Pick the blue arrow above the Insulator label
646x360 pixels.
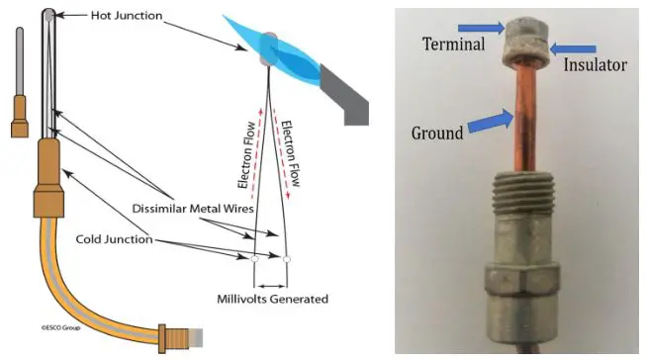(575, 47)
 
